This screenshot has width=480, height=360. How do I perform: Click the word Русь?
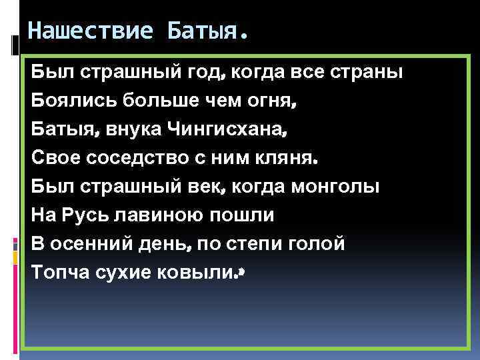click(87, 215)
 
